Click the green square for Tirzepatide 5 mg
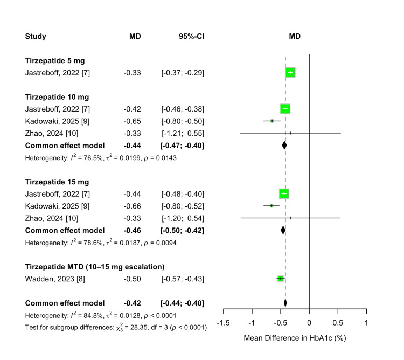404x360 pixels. click(290, 72)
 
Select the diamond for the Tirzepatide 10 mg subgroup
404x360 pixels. click(284, 145)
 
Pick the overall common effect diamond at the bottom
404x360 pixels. click(285, 303)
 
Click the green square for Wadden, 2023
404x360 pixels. click(280, 279)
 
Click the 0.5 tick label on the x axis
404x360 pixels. click(337, 323)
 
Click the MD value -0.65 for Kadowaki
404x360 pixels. click(132, 121)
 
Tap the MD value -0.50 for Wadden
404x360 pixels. click(132, 279)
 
